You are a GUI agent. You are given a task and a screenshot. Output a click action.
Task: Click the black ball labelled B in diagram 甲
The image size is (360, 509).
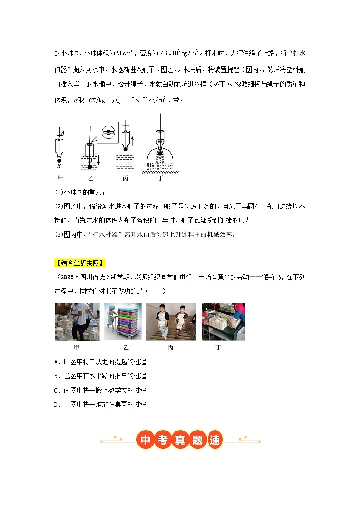pyautogui.click(x=59, y=160)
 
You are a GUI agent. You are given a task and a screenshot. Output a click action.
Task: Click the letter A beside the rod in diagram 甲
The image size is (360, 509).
pyautogui.click(x=63, y=132)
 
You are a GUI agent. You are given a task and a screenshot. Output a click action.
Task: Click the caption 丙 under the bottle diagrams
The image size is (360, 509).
pyautogui.click(x=126, y=179)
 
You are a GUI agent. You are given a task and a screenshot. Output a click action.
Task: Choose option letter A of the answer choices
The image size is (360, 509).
pyautogui.click(x=56, y=362)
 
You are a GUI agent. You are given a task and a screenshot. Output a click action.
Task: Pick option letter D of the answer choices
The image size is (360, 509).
pyautogui.click(x=56, y=405)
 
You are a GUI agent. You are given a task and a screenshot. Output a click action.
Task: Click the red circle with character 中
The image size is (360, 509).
pyautogui.click(x=145, y=440)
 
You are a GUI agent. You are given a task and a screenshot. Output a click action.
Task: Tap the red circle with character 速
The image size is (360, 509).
pyautogui.click(x=214, y=440)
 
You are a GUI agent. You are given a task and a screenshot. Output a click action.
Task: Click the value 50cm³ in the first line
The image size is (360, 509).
pyautogui.click(x=124, y=53)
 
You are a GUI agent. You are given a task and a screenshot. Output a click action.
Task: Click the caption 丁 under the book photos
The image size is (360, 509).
pyautogui.click(x=219, y=348)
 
